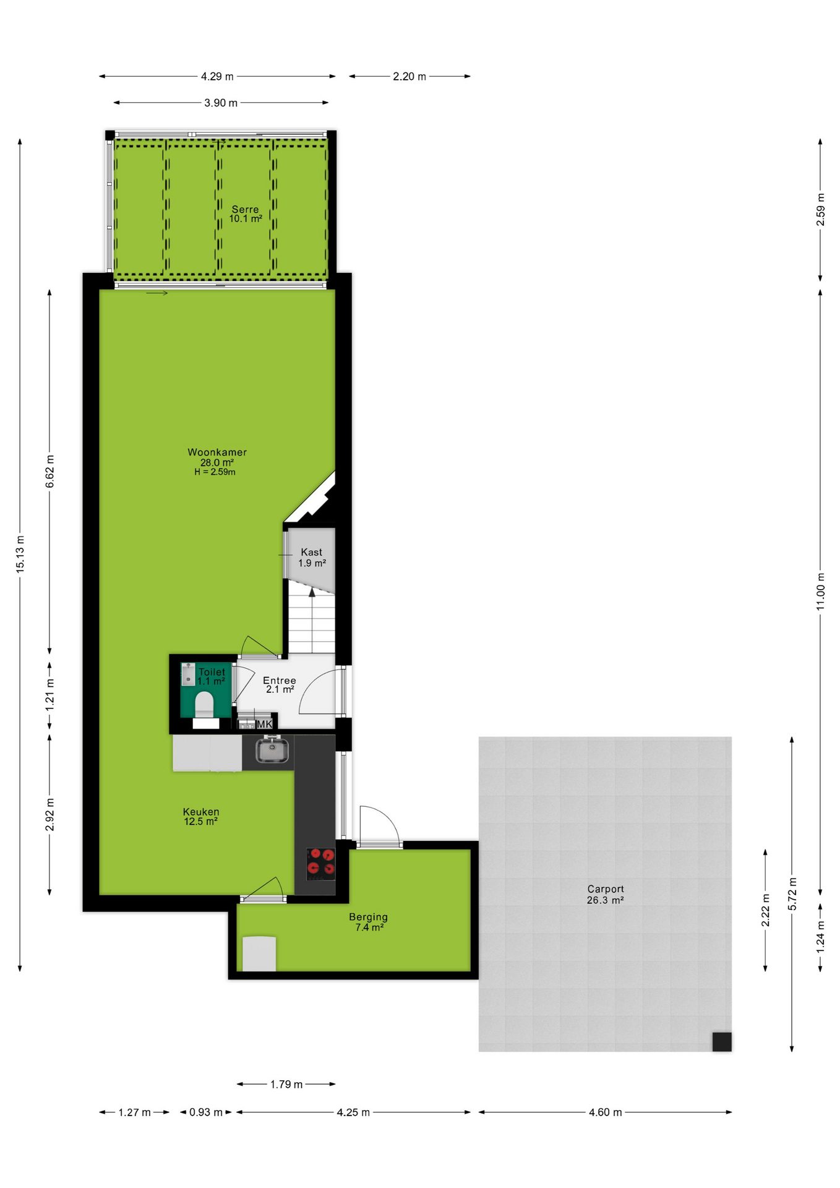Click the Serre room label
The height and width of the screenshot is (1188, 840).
(246, 210)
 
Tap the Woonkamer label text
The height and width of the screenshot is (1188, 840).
(217, 452)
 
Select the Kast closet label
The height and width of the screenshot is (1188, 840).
(312, 552)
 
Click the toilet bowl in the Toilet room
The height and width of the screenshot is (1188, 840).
(204, 704)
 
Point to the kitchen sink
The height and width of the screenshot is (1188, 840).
(272, 751)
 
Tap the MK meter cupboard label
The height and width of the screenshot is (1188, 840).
(264, 724)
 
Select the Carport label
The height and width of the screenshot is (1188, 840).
(606, 889)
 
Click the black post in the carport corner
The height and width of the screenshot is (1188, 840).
(722, 1042)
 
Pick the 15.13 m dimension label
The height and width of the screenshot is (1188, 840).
(20, 554)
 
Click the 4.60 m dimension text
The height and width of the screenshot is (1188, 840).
(605, 1113)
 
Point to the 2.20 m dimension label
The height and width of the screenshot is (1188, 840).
(409, 77)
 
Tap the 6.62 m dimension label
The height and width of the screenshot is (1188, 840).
(50, 471)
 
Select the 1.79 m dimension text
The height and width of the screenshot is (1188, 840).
(286, 1085)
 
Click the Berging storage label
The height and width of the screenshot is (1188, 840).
(369, 917)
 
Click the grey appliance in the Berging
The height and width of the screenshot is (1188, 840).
(259, 953)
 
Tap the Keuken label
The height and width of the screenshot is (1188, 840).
(201, 812)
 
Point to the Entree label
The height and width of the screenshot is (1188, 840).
(280, 681)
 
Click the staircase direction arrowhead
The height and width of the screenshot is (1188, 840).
(312, 592)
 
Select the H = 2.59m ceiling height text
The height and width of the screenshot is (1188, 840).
(215, 472)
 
